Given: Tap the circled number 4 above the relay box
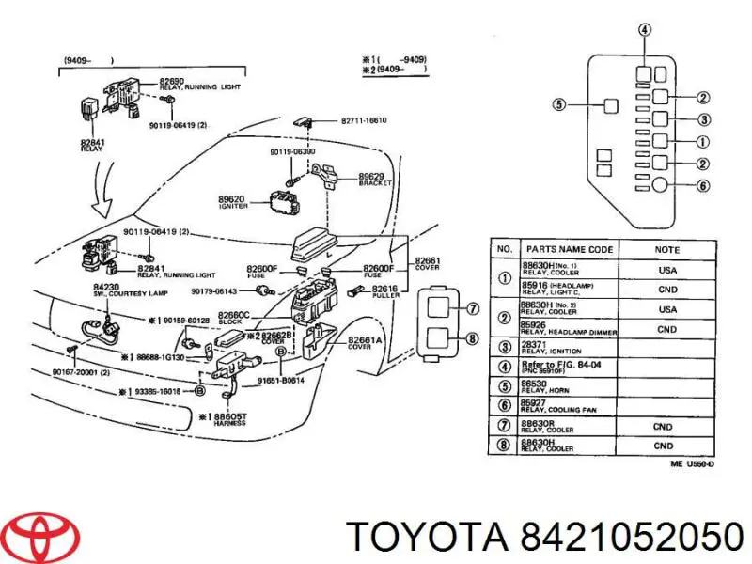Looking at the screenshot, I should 644,31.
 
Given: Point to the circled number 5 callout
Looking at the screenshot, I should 558,105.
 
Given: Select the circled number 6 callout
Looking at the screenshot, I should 703,186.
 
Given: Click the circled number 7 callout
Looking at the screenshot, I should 473,307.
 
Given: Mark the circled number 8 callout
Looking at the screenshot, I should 473,339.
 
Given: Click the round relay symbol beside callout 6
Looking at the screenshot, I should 661,185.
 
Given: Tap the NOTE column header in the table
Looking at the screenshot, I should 667,250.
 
